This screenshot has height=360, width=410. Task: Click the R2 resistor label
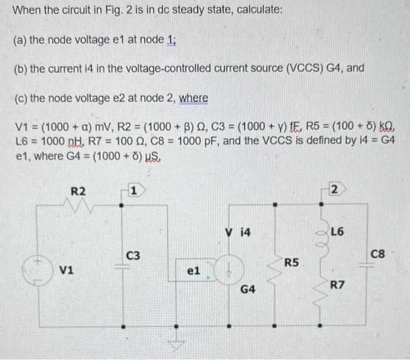(x=78, y=191)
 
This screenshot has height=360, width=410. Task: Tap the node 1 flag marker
(x=134, y=191)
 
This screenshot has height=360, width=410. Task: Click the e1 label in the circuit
(x=193, y=272)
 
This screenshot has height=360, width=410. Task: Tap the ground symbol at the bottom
(x=174, y=345)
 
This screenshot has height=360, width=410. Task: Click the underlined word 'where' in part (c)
(x=193, y=98)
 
